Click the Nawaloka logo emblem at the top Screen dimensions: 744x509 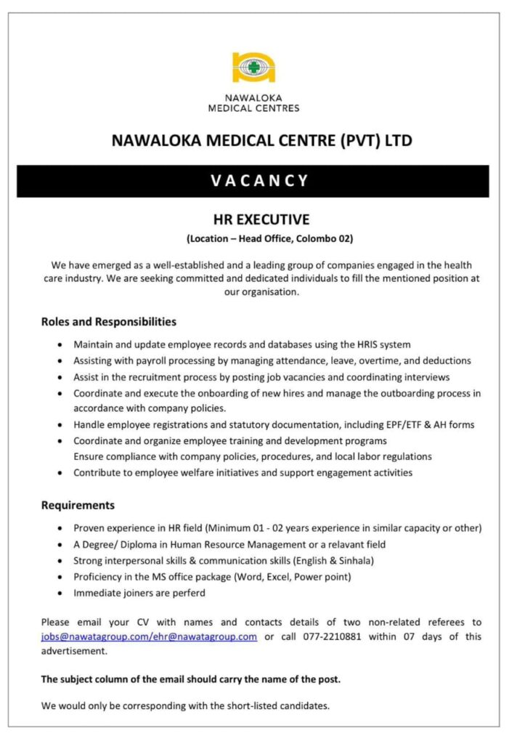[x=253, y=67]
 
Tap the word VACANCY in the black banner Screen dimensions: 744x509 [x=260, y=181]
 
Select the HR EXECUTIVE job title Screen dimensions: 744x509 [x=261, y=219]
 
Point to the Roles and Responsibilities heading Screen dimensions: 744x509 [x=108, y=321]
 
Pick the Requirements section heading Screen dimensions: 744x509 [x=78, y=505]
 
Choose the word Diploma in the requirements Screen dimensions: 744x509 [x=138, y=544]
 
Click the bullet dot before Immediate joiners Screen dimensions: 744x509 [x=59, y=593]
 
